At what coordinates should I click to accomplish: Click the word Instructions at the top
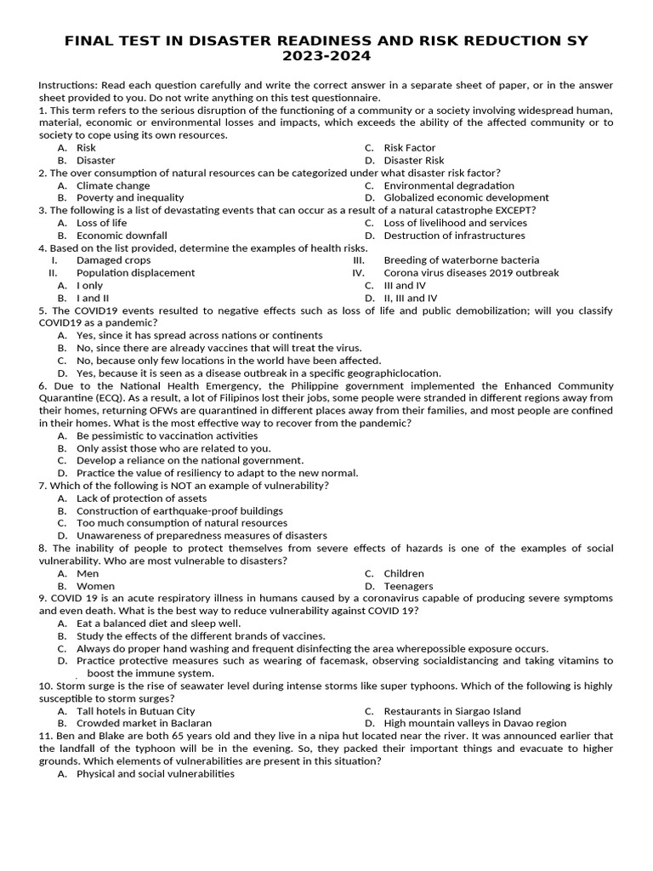[68, 85]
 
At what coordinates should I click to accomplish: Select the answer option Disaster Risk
[413, 160]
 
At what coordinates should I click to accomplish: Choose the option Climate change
[113, 185]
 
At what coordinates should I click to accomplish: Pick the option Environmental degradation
[448, 185]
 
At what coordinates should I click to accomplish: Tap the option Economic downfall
[122, 236]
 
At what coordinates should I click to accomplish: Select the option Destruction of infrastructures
[454, 236]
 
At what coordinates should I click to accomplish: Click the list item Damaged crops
[113, 260]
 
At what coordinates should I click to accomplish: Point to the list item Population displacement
[135, 273]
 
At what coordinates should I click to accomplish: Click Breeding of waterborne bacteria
[461, 260]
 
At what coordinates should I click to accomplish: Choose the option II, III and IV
[410, 299]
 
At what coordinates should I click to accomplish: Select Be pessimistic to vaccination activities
[167, 435]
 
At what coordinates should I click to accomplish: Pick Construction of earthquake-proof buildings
[179, 511]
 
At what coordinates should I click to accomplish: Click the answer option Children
[403, 573]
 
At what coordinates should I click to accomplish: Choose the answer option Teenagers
[408, 586]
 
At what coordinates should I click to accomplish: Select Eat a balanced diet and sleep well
[158, 623]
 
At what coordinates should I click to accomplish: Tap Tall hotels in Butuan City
[135, 711]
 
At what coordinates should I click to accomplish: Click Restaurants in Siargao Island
[452, 711]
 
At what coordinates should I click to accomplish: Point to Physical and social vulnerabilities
[155, 774]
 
